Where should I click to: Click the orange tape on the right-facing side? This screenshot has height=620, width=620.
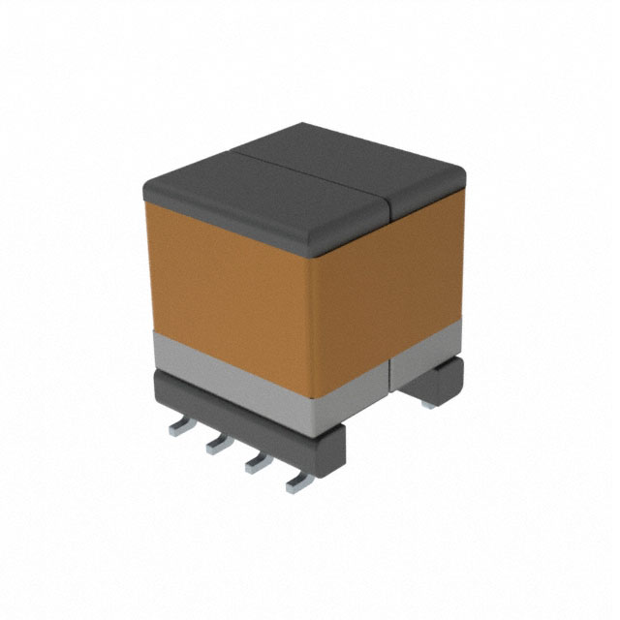click(387, 291)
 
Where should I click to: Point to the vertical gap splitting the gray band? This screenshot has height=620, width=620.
click(389, 374)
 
